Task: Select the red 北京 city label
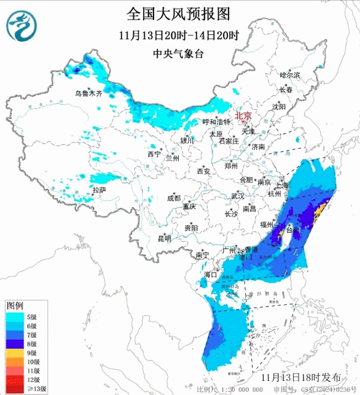243,115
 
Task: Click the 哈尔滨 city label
289,75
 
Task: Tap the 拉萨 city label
99,190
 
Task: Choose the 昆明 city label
165,238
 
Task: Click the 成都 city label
174,198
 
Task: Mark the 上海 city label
283,184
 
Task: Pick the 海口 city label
211,274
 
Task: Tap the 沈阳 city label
280,106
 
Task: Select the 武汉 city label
237,196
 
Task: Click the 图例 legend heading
15,305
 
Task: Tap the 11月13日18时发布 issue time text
301,376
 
